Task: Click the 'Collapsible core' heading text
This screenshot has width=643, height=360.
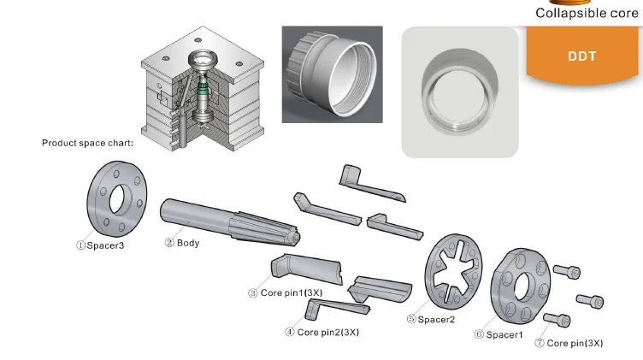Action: [x=587, y=14]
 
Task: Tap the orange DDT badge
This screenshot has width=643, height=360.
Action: [x=581, y=57]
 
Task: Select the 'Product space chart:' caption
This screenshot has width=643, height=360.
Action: [x=87, y=143]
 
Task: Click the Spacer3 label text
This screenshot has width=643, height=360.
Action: [x=100, y=245]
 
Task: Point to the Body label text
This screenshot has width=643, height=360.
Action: [x=182, y=243]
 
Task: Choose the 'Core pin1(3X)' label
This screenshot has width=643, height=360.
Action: [x=286, y=292]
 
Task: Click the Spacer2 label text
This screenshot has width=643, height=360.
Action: [x=431, y=319]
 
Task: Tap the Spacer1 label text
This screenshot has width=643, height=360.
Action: [x=498, y=334]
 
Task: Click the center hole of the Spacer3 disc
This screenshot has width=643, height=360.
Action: [x=118, y=200]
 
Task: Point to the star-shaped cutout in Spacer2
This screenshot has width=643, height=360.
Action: [x=454, y=269]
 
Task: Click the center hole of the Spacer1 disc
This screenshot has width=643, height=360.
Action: [x=522, y=283]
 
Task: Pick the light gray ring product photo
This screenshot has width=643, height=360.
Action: [x=460, y=91]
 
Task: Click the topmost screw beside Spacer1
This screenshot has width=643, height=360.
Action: [x=569, y=272]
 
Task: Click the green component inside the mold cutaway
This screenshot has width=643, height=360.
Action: [x=203, y=88]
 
